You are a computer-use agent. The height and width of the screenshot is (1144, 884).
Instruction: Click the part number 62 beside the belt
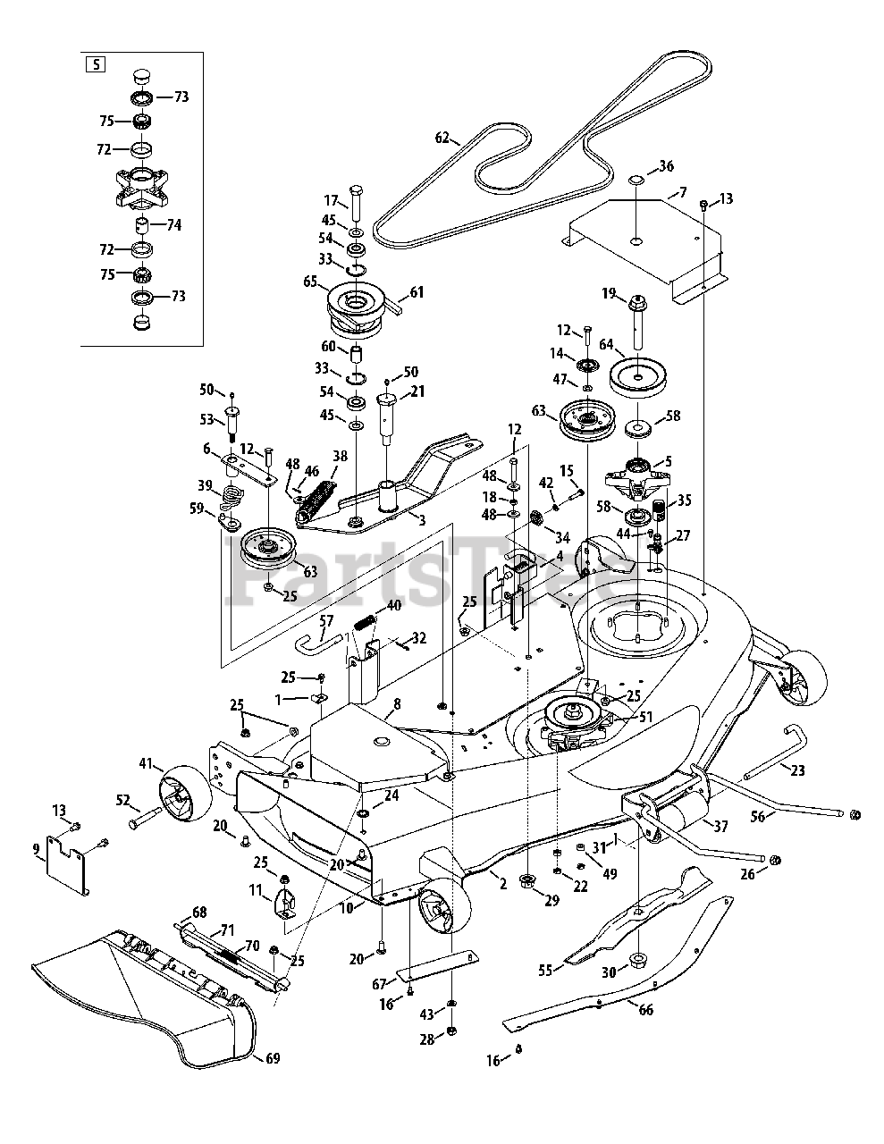[x=442, y=139]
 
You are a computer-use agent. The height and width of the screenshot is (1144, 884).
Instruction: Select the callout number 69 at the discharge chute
[x=273, y=1058]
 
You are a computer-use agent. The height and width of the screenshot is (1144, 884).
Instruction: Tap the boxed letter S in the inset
[x=93, y=64]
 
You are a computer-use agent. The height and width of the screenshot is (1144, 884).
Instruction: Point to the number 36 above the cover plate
[x=666, y=166]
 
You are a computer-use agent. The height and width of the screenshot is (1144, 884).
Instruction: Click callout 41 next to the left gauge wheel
[x=146, y=763]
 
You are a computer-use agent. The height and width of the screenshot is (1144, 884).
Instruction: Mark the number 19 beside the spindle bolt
[x=609, y=292]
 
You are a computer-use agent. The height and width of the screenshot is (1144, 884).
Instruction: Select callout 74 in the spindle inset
[x=173, y=225]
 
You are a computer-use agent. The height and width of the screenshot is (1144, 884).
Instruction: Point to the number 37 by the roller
[x=721, y=827]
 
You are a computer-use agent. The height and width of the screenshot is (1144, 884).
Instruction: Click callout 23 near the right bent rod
[x=797, y=770]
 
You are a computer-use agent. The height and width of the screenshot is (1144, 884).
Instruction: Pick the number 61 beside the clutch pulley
[x=417, y=291]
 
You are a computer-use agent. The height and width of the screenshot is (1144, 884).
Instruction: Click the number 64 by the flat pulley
[x=606, y=343]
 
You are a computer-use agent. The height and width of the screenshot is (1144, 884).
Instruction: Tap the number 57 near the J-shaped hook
[x=326, y=620]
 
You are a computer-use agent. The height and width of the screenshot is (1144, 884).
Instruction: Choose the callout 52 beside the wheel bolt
[x=122, y=801]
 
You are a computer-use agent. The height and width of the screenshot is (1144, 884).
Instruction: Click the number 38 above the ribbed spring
[x=340, y=456]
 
